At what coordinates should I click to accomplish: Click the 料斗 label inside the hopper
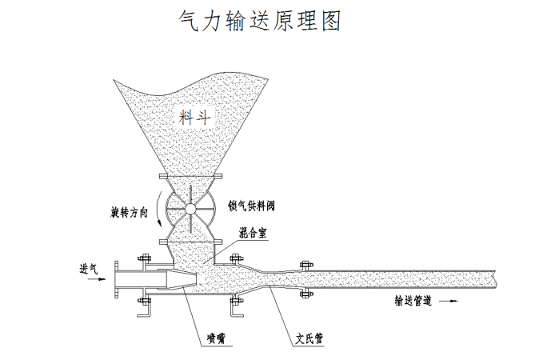tap(195, 117)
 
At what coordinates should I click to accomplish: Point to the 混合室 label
tap(254, 232)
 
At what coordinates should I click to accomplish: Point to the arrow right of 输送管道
tap(452, 302)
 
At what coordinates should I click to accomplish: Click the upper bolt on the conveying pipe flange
tap(303, 263)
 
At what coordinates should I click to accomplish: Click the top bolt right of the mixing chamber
tap(235, 258)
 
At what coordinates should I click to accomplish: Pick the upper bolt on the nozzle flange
tap(145, 258)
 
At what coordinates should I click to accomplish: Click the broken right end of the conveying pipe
tap(497, 279)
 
